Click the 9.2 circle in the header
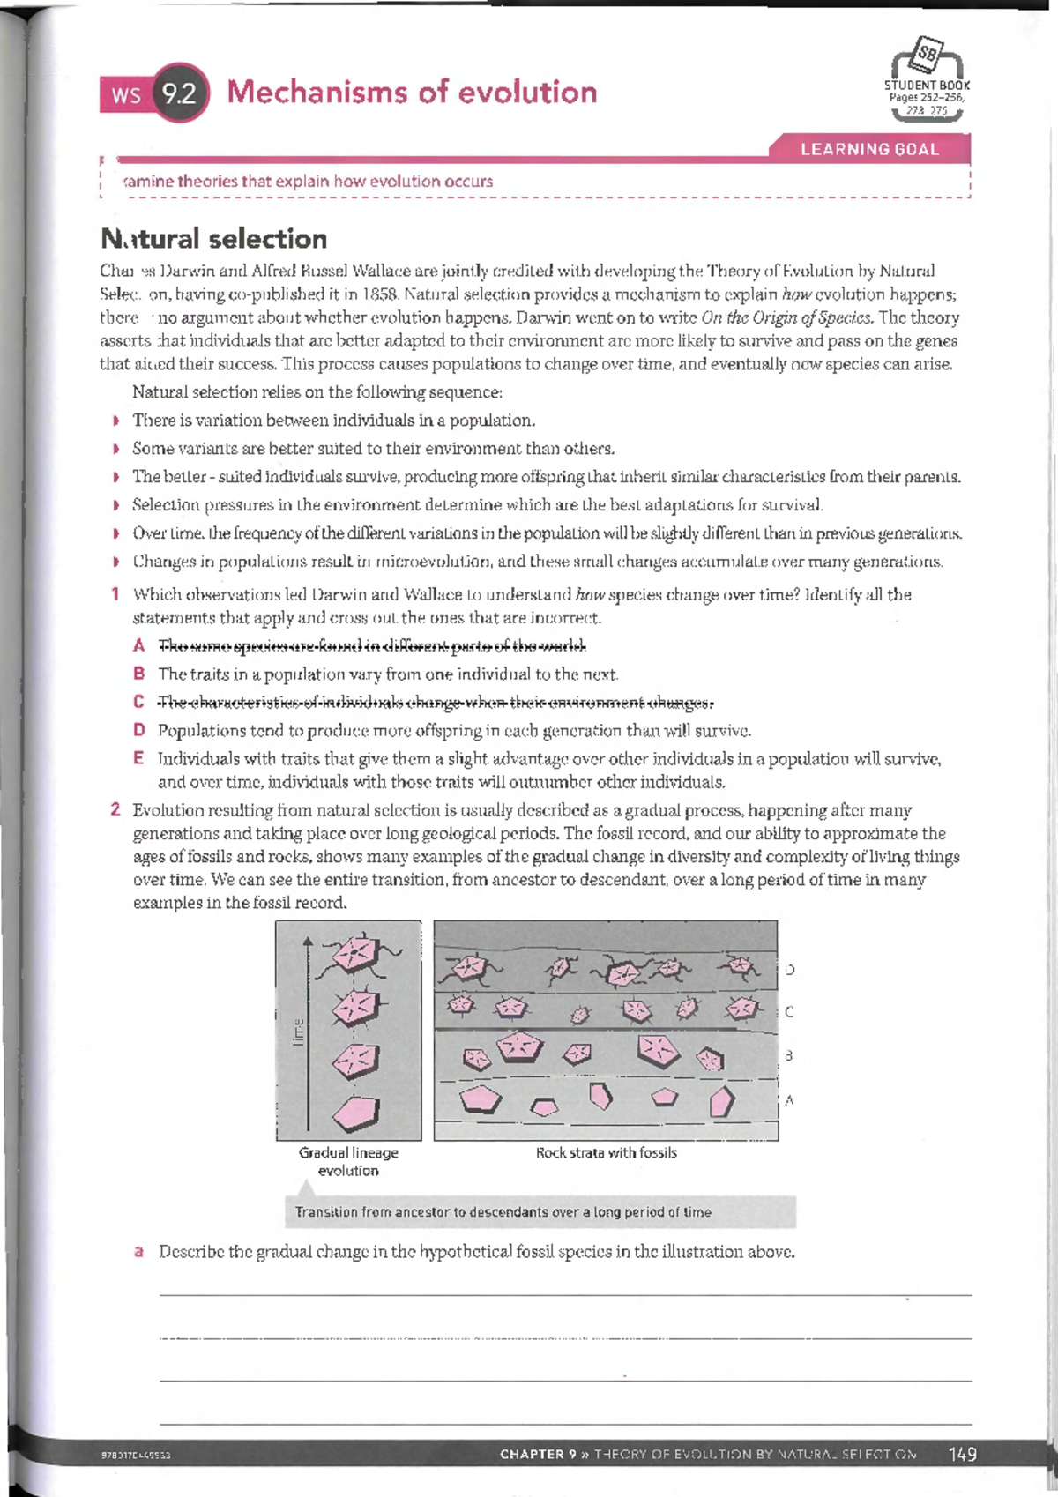pyautogui.click(x=181, y=93)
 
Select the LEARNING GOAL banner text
pyautogui.click(x=869, y=149)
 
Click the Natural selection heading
pyautogui.click(x=214, y=239)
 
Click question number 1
pyautogui.click(x=115, y=594)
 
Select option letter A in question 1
pyautogui.click(x=138, y=646)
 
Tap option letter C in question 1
pyautogui.click(x=138, y=702)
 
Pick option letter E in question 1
pyautogui.click(x=138, y=758)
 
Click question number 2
pyautogui.click(x=115, y=809)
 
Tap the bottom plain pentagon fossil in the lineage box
pyautogui.click(x=356, y=1113)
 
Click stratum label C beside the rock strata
pyautogui.click(x=789, y=1012)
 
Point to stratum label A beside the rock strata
pyautogui.click(x=789, y=1100)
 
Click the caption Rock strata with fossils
pyautogui.click(x=607, y=1153)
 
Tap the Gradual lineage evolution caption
pyautogui.click(x=348, y=1161)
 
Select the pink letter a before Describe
pyautogui.click(x=138, y=1252)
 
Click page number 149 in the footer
pyautogui.click(x=962, y=1454)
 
